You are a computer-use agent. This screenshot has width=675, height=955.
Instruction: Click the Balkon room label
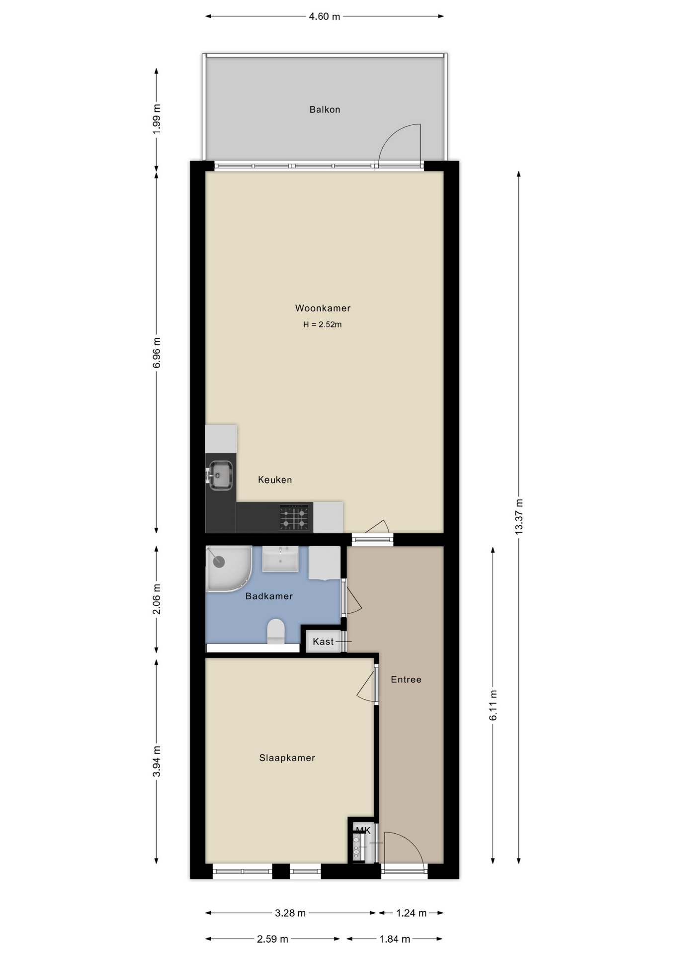coord(325,109)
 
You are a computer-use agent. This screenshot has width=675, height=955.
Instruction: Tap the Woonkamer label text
coord(323,308)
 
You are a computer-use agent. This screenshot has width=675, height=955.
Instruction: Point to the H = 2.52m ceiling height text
coord(322,324)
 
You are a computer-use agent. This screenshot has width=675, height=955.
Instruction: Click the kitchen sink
coord(220,475)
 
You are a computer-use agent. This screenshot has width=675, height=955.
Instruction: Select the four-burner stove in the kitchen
coord(294,517)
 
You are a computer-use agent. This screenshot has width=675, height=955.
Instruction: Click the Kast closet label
coord(323,642)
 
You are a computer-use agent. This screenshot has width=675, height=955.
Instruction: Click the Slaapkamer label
coord(287,758)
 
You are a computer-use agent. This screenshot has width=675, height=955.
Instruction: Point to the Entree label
coord(406,679)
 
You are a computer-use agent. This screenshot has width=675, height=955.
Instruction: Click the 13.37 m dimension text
coord(518,516)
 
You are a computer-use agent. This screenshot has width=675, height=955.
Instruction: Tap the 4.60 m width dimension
coord(324,16)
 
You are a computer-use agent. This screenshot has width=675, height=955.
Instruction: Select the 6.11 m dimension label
coord(493,705)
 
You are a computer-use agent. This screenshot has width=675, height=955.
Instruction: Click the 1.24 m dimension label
coord(411,913)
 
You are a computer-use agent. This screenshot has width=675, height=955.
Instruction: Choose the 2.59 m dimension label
coord(272,939)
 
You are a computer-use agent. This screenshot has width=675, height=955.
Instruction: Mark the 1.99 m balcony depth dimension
coord(157,118)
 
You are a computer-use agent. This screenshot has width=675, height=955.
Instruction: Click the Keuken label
coord(275,479)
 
